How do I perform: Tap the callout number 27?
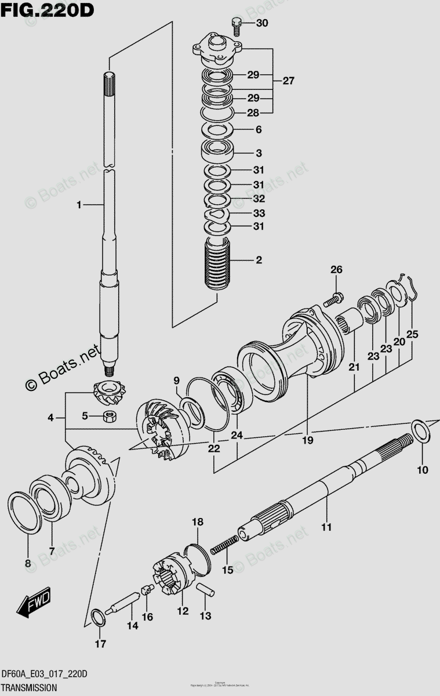(288, 81)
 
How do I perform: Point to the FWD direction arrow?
(34, 603)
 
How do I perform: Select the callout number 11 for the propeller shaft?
(326, 527)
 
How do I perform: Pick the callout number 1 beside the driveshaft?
(79, 204)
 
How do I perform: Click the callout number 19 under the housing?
(307, 440)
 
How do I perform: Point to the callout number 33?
(259, 213)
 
